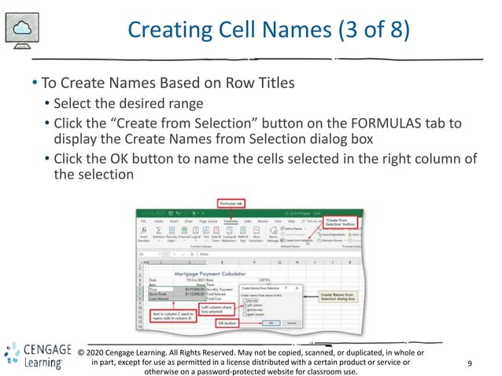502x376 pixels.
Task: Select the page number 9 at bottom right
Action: (x=470, y=363)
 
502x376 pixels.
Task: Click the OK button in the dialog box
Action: (x=271, y=323)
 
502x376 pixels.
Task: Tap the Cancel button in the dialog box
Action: (x=290, y=323)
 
